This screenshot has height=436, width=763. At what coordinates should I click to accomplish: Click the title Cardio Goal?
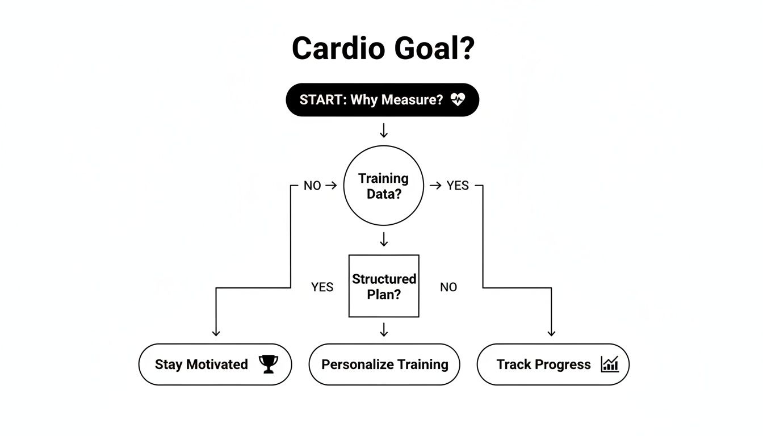[383, 49]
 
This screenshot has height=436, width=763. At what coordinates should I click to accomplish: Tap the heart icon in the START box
[458, 100]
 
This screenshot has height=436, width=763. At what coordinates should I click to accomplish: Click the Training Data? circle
[383, 186]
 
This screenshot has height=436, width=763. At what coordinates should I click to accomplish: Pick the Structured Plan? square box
[383, 286]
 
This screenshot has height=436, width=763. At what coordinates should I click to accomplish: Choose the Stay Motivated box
[215, 364]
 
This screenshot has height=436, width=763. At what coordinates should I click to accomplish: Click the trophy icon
[268, 364]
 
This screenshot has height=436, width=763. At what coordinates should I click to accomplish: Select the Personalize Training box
[384, 364]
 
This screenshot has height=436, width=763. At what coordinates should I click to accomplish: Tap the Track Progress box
[552, 364]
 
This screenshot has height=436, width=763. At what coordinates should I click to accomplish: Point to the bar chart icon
[609, 364]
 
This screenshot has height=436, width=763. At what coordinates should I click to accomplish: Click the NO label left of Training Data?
[312, 186]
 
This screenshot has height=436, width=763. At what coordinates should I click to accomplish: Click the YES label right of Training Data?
[458, 186]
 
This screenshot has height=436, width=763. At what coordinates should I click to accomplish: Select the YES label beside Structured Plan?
[322, 287]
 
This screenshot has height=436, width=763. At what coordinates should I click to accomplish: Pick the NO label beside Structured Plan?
[448, 287]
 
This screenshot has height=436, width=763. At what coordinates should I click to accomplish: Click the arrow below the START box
[384, 131]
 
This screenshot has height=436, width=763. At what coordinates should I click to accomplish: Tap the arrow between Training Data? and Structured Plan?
[384, 239]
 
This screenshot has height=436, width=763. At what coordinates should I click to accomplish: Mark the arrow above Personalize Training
[384, 330]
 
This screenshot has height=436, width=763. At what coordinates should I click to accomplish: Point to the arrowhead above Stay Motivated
[216, 333]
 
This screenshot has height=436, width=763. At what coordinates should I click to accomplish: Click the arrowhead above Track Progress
[551, 333]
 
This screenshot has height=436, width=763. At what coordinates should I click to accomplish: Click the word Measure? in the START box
[412, 100]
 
